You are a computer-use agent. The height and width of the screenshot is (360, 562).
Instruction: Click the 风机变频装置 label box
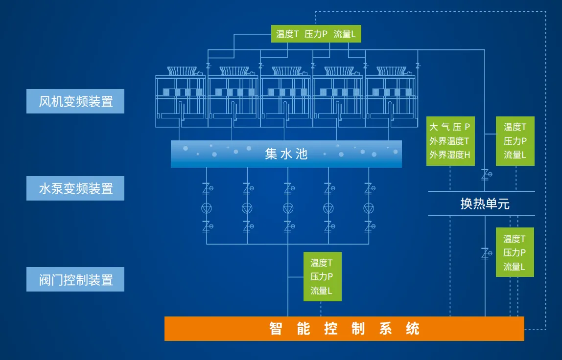(x=75, y=101)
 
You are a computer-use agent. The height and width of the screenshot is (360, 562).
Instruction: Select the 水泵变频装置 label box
(x=75, y=188)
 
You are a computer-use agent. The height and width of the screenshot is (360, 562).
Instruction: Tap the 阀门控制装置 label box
(x=75, y=279)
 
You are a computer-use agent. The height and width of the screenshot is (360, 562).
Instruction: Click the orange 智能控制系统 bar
(x=344, y=328)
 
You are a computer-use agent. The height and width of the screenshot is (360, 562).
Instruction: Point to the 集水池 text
(x=286, y=154)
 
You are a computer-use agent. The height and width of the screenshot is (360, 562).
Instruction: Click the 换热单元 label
(x=485, y=203)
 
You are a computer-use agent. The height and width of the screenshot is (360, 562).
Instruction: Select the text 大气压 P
(x=449, y=127)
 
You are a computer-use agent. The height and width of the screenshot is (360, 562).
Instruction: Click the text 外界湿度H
(x=449, y=155)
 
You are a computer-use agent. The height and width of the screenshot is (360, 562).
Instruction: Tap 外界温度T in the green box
(x=449, y=141)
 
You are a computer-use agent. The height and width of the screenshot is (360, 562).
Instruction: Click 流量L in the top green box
(x=345, y=34)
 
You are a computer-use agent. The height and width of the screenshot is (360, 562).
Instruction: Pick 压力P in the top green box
(x=316, y=34)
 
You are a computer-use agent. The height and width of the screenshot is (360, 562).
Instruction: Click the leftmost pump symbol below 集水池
(x=207, y=208)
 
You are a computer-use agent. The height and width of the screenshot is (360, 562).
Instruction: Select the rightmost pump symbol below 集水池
(x=369, y=208)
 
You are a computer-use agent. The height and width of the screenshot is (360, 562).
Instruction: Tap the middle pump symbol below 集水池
(x=288, y=208)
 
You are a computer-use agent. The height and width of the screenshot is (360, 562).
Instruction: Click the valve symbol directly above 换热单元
(x=486, y=173)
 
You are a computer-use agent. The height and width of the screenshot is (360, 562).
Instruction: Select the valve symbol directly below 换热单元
(x=486, y=253)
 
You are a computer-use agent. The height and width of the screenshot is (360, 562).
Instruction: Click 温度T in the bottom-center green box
(x=322, y=263)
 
